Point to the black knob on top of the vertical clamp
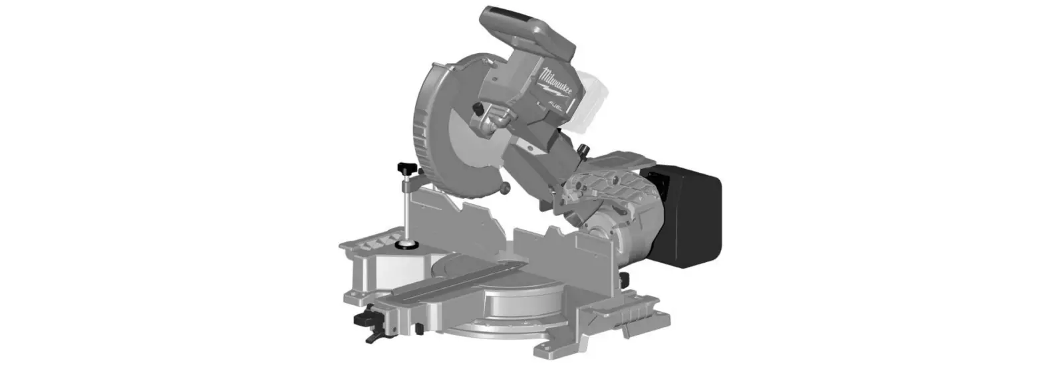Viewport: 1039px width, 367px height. (404, 166)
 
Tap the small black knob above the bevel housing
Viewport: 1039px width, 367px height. (584, 149)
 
